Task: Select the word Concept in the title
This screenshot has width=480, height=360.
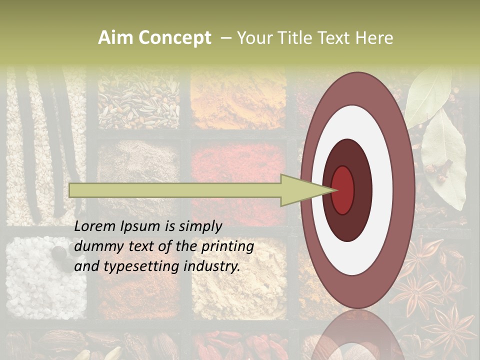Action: [175, 38]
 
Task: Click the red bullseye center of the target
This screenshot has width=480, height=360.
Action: [342, 190]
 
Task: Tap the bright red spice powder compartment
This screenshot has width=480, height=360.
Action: [235, 165]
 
